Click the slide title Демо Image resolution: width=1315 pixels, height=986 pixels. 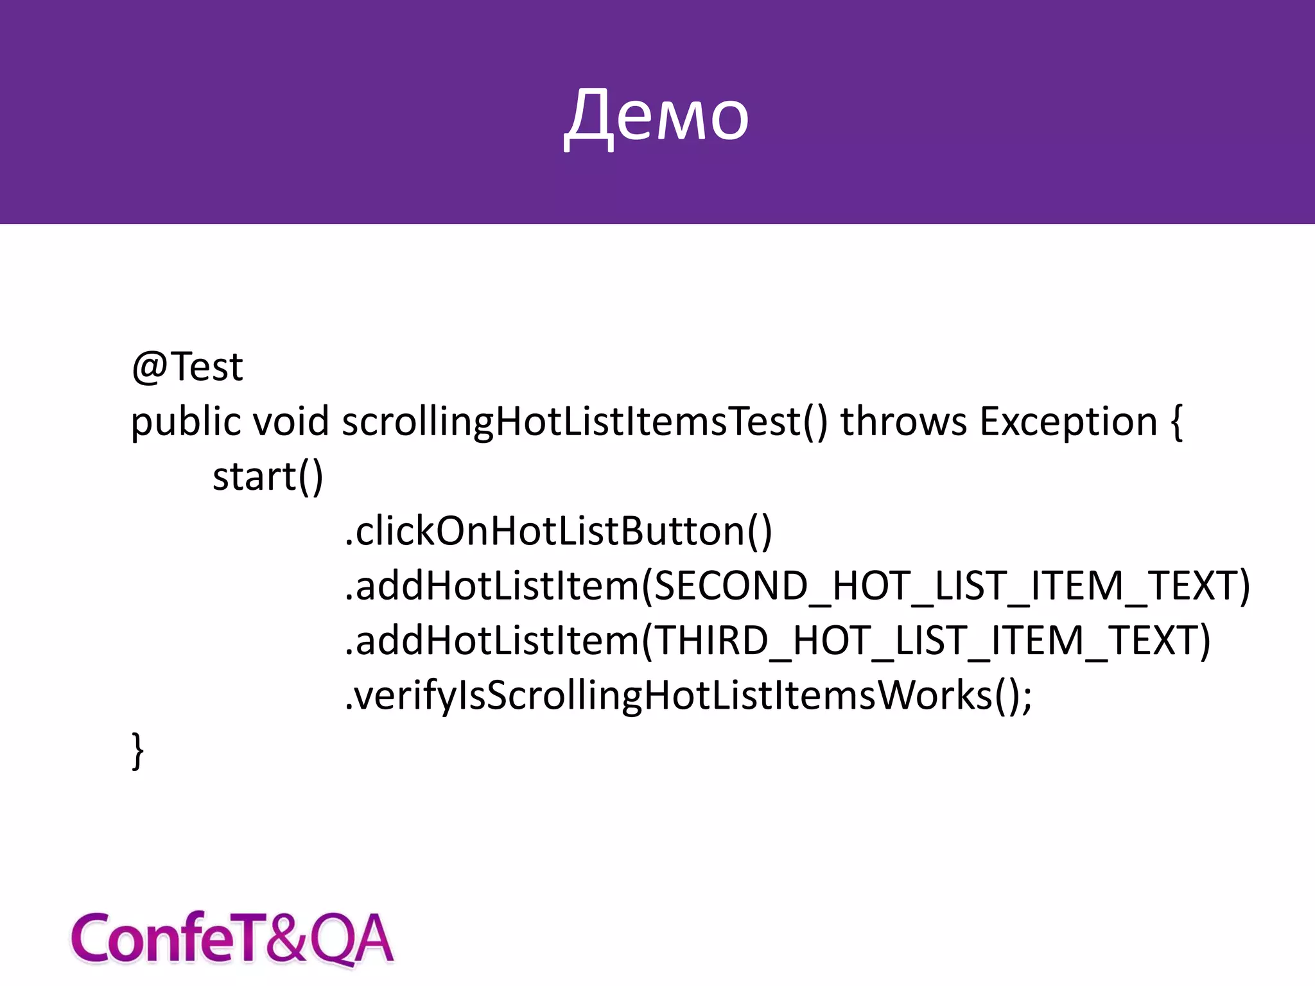656,116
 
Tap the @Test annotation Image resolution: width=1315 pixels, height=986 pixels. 187,367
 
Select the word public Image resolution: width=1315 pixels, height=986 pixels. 186,422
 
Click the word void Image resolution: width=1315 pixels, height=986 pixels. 291,422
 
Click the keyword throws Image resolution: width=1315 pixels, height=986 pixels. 903,422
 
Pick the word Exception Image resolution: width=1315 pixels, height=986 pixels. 1068,422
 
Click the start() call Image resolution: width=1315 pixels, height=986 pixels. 268,477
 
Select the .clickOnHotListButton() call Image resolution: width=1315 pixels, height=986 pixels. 559,532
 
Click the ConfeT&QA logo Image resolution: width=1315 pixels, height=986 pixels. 231,938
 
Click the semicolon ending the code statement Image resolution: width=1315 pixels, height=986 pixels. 1027,697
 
